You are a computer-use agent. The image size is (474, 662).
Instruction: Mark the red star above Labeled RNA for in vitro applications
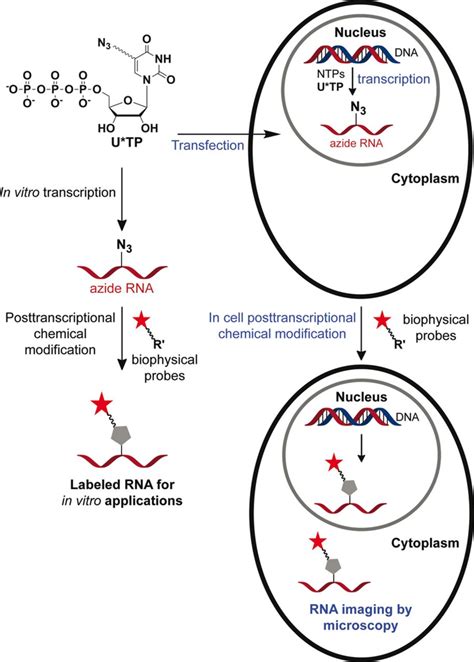coord(101,405)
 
